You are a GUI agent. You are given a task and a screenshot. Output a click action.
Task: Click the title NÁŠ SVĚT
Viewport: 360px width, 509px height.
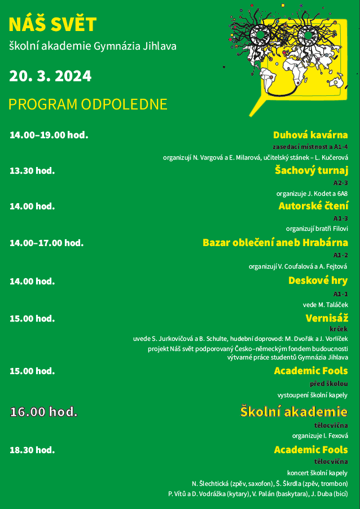[x=52, y=25]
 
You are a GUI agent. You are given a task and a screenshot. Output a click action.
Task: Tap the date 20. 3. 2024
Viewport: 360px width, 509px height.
[x=50, y=76]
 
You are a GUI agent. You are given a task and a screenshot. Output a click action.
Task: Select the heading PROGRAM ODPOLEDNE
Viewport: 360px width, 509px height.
[x=88, y=104]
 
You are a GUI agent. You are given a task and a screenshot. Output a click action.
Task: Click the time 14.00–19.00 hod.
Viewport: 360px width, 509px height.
[x=49, y=135]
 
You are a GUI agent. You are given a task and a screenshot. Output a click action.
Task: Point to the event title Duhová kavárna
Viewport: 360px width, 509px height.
[x=310, y=135]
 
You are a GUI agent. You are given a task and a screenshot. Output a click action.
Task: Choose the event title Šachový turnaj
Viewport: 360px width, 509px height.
[x=311, y=170]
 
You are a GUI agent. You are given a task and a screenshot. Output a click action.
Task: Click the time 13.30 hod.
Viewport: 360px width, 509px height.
[x=32, y=170]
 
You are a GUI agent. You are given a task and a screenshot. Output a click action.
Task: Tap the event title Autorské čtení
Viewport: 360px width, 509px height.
[x=313, y=206]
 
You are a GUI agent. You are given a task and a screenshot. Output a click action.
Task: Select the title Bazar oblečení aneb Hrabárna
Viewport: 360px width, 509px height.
[x=275, y=243]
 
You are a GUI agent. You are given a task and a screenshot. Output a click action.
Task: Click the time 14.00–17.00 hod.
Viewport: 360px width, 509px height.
[x=46, y=243]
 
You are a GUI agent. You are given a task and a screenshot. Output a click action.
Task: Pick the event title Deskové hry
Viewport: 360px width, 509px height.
[x=318, y=280]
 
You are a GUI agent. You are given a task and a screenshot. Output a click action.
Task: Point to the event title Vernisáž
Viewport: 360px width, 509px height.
[x=327, y=318]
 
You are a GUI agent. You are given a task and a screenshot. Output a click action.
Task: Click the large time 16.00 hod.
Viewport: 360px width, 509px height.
[x=43, y=412]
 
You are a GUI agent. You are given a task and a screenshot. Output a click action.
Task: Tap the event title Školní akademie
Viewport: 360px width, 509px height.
[x=294, y=411]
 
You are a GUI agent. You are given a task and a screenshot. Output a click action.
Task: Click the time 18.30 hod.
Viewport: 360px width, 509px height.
[x=32, y=450]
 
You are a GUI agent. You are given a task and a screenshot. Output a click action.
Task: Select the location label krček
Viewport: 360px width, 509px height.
[x=339, y=328]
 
